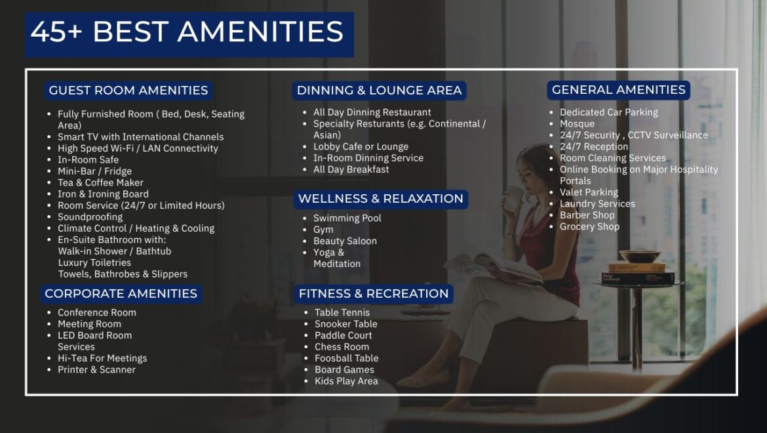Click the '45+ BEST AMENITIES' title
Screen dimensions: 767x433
click(187, 32)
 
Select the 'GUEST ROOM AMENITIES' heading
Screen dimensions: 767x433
click(128, 91)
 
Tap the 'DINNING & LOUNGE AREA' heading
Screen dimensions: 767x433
click(379, 91)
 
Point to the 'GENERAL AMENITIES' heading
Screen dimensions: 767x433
click(618, 90)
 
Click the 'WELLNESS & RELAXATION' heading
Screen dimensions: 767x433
click(381, 199)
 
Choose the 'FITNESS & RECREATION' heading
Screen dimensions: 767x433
click(374, 293)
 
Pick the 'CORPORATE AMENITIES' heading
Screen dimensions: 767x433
click(121, 293)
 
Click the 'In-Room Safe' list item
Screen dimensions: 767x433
click(88, 160)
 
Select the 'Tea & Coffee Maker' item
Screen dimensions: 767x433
click(100, 182)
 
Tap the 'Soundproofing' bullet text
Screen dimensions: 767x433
click(90, 217)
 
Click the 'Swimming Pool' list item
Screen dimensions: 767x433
click(347, 218)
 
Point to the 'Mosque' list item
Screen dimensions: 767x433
click(577, 124)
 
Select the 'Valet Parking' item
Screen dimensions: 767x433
click(589, 192)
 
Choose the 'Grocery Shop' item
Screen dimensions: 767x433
click(589, 226)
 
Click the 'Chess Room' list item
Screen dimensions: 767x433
click(342, 347)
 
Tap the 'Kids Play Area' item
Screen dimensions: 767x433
click(346, 381)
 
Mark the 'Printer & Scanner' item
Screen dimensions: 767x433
click(96, 370)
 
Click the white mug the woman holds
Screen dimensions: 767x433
click(513, 197)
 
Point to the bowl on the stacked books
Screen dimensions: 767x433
click(639, 257)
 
